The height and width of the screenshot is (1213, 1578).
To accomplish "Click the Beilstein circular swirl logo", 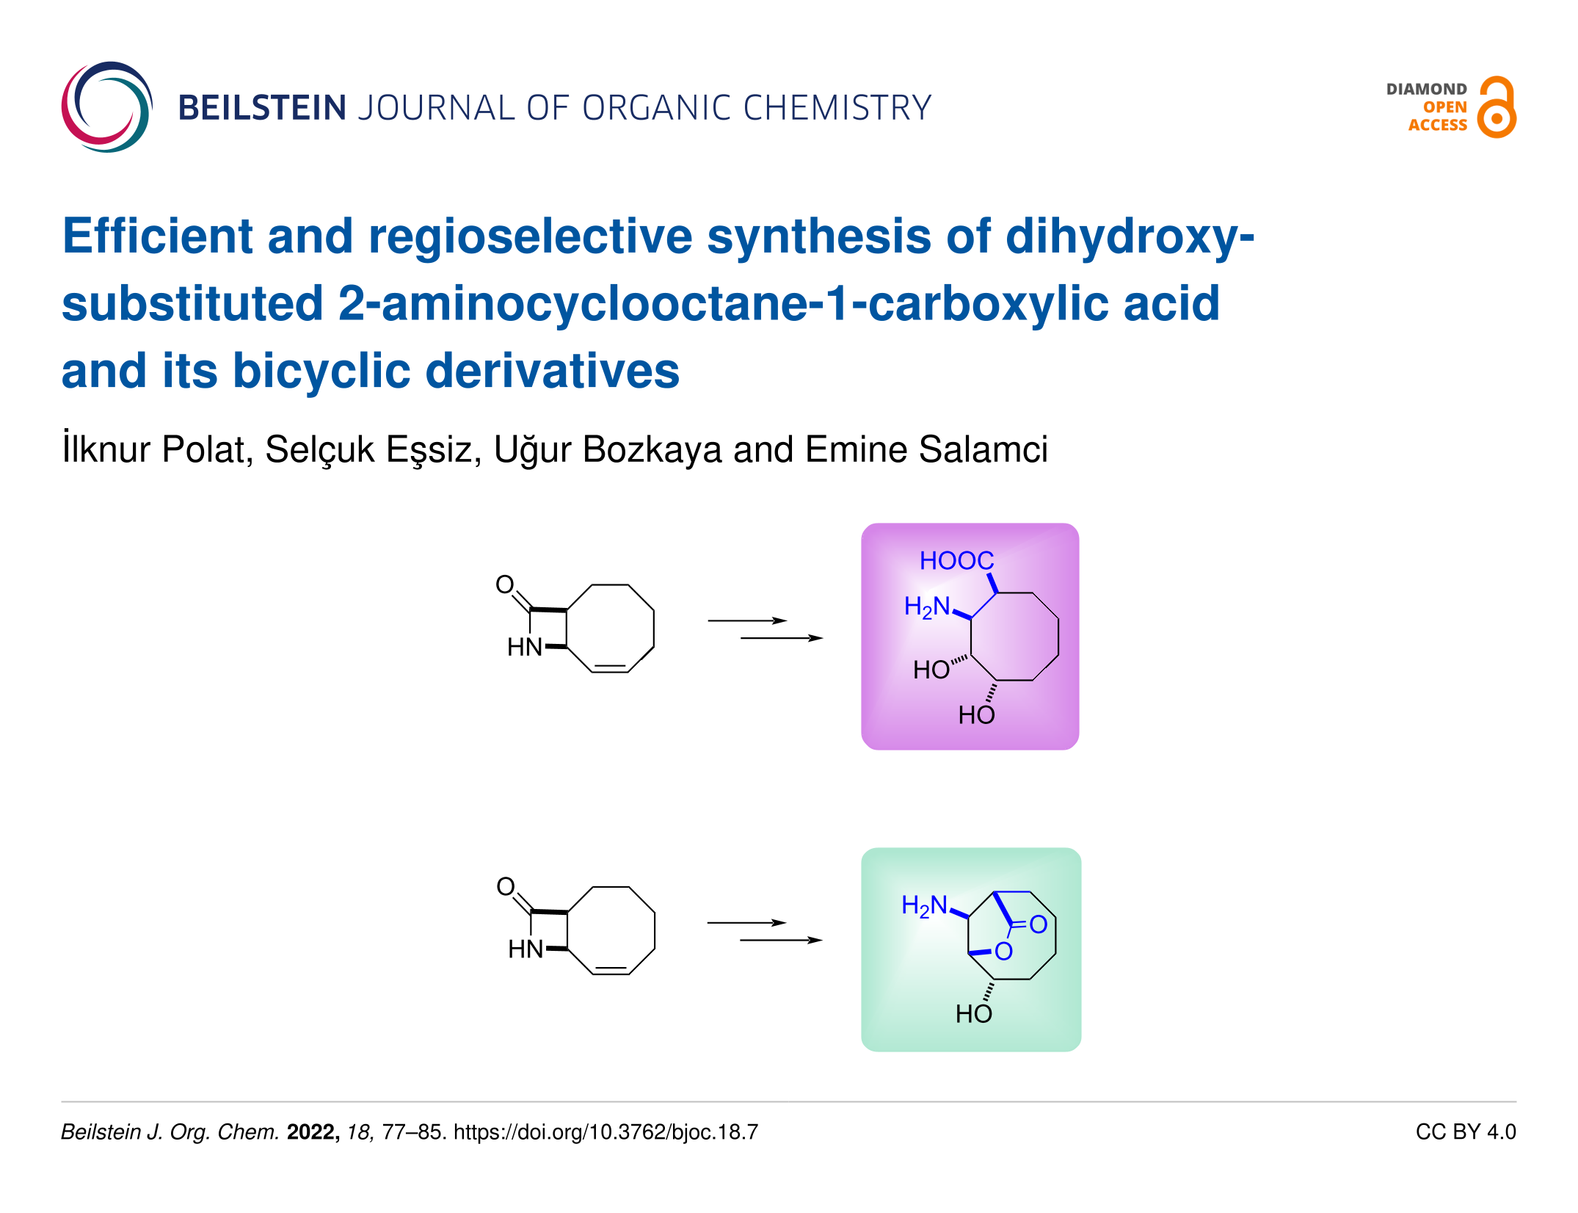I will click(x=107, y=107).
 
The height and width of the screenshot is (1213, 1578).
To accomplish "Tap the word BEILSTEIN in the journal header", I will click(x=262, y=108).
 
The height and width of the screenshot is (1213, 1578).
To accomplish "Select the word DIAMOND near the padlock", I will click(x=1426, y=90).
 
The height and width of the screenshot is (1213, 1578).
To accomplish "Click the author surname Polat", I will click(x=207, y=449).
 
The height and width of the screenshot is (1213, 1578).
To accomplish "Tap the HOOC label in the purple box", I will click(x=956, y=561).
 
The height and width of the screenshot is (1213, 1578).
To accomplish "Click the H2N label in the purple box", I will click(x=927, y=607).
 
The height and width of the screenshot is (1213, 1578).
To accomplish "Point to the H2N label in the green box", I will click(x=924, y=906).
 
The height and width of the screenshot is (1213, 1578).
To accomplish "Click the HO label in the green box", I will click(x=973, y=1014).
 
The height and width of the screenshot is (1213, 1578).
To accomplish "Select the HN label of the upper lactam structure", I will click(x=525, y=647).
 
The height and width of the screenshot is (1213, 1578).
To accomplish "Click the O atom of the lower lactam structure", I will click(x=506, y=886).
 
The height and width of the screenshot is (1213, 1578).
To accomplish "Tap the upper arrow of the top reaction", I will click(x=746, y=620).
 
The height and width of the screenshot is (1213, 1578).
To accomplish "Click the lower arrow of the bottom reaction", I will click(x=781, y=940).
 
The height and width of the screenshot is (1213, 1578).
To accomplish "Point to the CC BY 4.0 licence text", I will click(x=1465, y=1132).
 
